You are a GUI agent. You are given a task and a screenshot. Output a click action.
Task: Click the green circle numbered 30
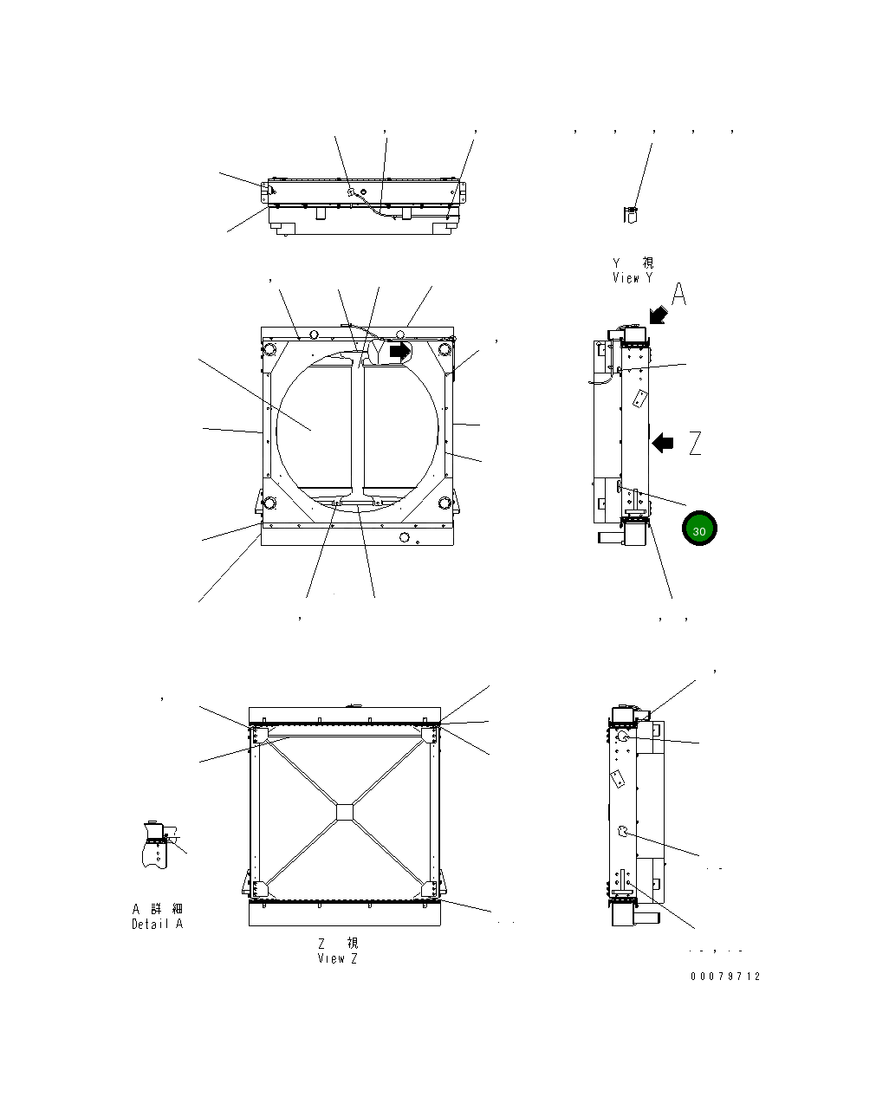[x=698, y=529]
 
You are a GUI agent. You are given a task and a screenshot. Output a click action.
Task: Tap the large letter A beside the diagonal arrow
[x=678, y=294]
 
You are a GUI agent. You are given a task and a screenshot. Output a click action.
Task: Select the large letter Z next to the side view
[x=695, y=443]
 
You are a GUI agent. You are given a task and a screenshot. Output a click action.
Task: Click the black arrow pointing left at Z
[x=663, y=443]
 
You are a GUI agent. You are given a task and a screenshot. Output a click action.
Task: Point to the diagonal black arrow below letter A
[x=659, y=315]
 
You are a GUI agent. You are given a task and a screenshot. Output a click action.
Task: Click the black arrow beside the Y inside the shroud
[x=399, y=352]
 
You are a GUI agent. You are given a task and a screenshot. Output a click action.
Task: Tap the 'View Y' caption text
[x=633, y=278]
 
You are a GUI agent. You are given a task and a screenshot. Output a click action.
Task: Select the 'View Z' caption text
[x=337, y=958]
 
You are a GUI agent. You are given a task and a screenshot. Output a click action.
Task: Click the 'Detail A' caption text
[x=158, y=924]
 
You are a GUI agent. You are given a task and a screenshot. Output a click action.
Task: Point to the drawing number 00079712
[x=725, y=977]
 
